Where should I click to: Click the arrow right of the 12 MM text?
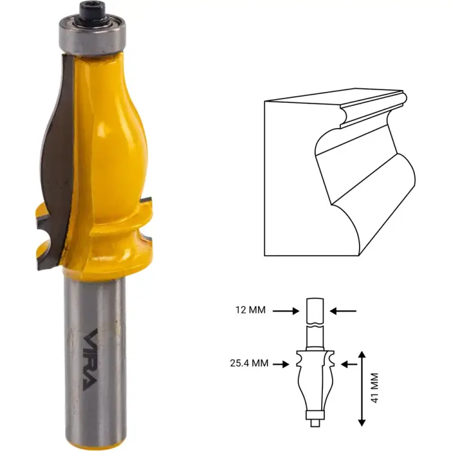(x=286, y=311)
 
